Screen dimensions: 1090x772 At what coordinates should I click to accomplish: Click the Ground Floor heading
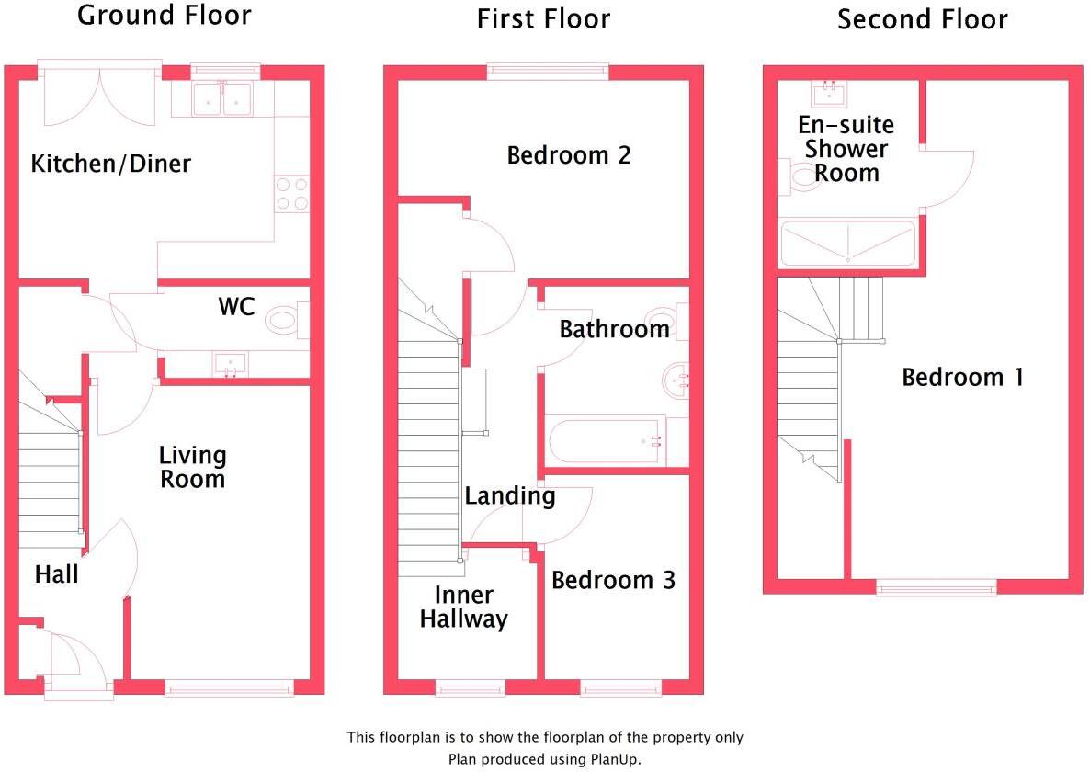[x=164, y=16]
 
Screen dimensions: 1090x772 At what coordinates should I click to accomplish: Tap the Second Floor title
[x=922, y=19]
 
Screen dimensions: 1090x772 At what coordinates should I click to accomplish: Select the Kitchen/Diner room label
[x=110, y=165]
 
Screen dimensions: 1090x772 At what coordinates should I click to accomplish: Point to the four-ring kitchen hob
[x=291, y=193]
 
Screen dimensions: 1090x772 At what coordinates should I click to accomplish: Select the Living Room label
[x=192, y=467]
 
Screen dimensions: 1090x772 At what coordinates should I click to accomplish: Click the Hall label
[x=56, y=575]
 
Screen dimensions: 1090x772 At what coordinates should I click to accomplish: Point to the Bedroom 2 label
[x=569, y=155]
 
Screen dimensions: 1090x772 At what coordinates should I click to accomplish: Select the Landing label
[x=510, y=496]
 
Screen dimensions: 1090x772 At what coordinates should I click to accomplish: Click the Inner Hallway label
[x=463, y=607]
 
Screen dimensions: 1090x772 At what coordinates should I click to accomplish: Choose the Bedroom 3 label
[x=613, y=580]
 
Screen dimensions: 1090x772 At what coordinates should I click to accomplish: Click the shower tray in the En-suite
[x=847, y=243]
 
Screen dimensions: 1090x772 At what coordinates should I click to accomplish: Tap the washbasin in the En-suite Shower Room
[x=830, y=92]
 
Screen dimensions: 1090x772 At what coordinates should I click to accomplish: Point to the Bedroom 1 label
[x=962, y=377]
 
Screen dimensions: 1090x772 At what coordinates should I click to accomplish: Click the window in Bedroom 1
[x=937, y=586]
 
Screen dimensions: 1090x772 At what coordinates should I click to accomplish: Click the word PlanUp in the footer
[x=612, y=759]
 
